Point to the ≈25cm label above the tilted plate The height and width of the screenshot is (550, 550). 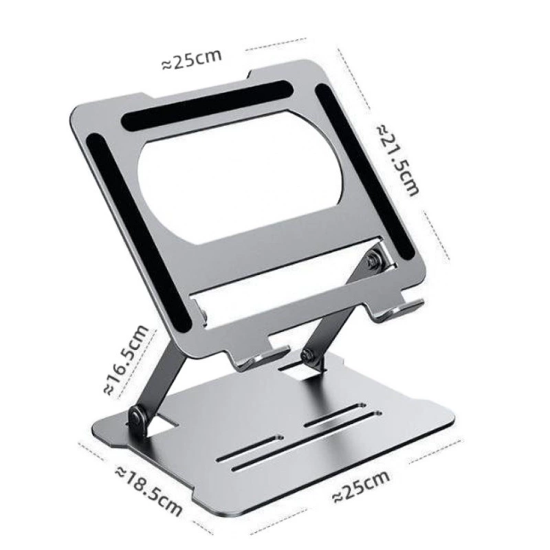tap(192, 59)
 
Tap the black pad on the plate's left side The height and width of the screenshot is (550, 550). tap(138, 232)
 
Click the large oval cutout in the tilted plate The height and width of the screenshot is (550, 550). tap(239, 178)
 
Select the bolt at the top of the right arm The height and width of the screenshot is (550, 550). tap(373, 260)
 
